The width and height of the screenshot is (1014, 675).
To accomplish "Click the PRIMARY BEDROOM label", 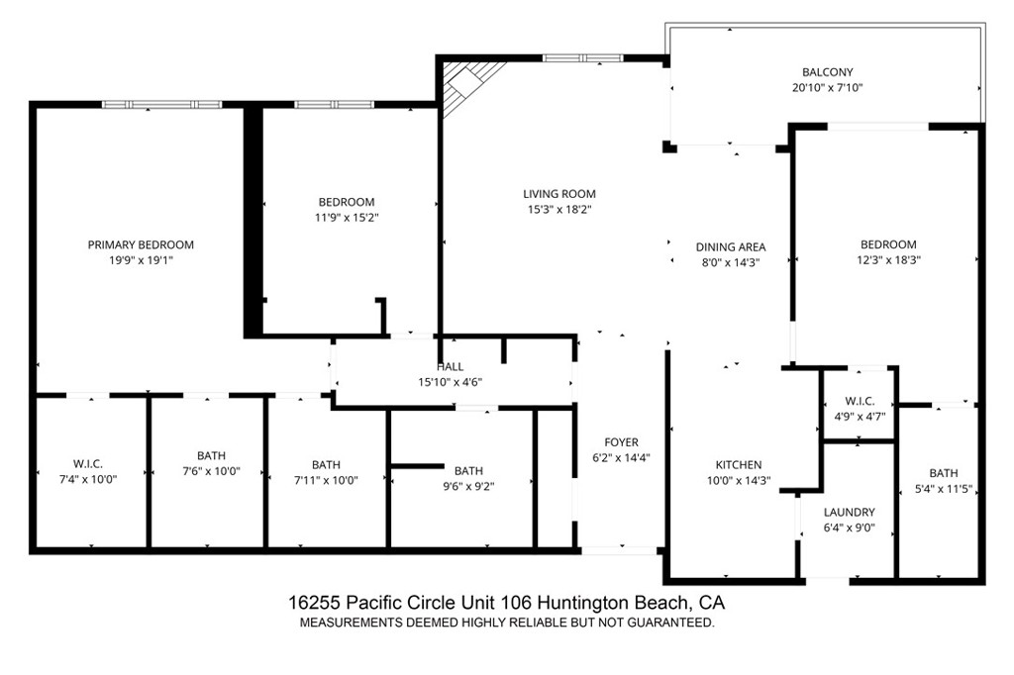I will tap(141, 244).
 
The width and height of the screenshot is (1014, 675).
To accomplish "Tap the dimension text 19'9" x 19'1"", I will tap(141, 262).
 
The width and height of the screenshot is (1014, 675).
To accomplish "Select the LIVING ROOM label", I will tap(559, 194).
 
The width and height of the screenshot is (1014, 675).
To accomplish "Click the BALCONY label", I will tap(827, 72).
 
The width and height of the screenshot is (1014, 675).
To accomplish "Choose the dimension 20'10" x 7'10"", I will tap(827, 88).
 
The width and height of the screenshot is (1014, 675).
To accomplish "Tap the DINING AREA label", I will tap(731, 247).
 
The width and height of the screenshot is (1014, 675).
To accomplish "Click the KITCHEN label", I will tap(739, 465).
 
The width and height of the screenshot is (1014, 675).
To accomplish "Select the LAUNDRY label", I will tap(849, 512).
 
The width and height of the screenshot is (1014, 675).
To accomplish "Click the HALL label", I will tap(450, 367).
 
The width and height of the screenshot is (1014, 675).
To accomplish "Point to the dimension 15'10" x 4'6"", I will tap(450, 382).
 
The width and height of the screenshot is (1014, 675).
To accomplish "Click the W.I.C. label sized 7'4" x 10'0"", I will tap(88, 464).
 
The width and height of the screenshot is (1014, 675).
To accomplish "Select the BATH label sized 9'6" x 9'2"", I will tap(468, 471).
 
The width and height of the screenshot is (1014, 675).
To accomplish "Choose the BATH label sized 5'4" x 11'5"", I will tap(943, 473).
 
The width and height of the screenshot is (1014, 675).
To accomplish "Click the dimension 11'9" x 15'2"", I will tap(347, 218).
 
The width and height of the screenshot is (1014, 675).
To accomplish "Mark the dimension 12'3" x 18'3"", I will tap(887, 260).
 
